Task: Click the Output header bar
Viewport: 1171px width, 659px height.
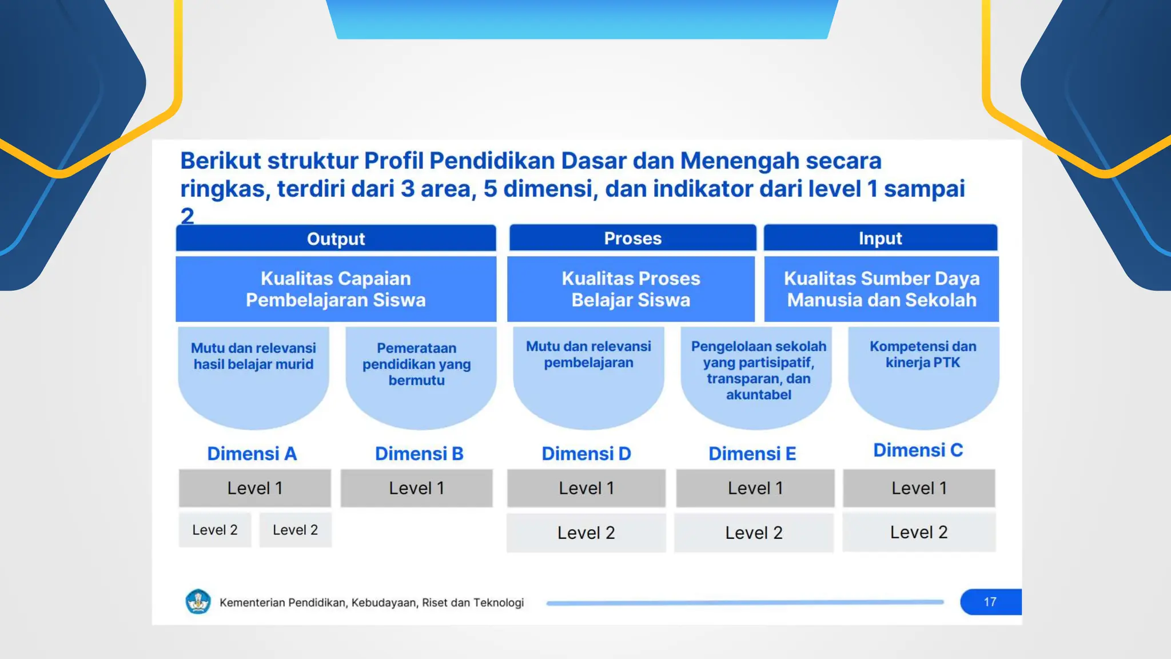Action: coord(336,239)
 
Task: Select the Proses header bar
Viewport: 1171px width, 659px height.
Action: coord(632,238)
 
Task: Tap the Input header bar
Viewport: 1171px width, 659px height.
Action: coord(881,238)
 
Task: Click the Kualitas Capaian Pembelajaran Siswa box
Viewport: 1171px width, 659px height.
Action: coord(336,289)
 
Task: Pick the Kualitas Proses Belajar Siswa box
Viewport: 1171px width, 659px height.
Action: coord(631,289)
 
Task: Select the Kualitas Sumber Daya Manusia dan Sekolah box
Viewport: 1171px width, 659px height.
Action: coord(881,289)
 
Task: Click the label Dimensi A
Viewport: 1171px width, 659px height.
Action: coord(252,454)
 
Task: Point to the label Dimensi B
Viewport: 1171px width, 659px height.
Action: coord(419,454)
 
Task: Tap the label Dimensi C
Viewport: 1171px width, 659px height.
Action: coord(918,450)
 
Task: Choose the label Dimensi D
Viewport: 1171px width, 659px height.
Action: coord(586,454)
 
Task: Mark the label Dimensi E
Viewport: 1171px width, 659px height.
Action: coord(752,454)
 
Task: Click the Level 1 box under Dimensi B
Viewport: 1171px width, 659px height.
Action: coord(416,488)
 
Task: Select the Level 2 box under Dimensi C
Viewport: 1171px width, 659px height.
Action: coord(919,533)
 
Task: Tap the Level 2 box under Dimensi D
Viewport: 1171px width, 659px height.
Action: coord(586,533)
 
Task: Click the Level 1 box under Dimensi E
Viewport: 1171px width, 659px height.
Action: coord(755,488)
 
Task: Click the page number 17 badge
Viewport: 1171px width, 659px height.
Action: coord(990,602)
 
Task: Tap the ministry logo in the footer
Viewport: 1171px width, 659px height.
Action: coord(198,602)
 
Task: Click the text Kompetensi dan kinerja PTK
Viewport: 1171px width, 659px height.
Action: coord(923,355)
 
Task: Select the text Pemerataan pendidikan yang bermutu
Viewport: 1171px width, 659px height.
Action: coord(416,364)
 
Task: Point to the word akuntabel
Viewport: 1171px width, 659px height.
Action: coord(758,395)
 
